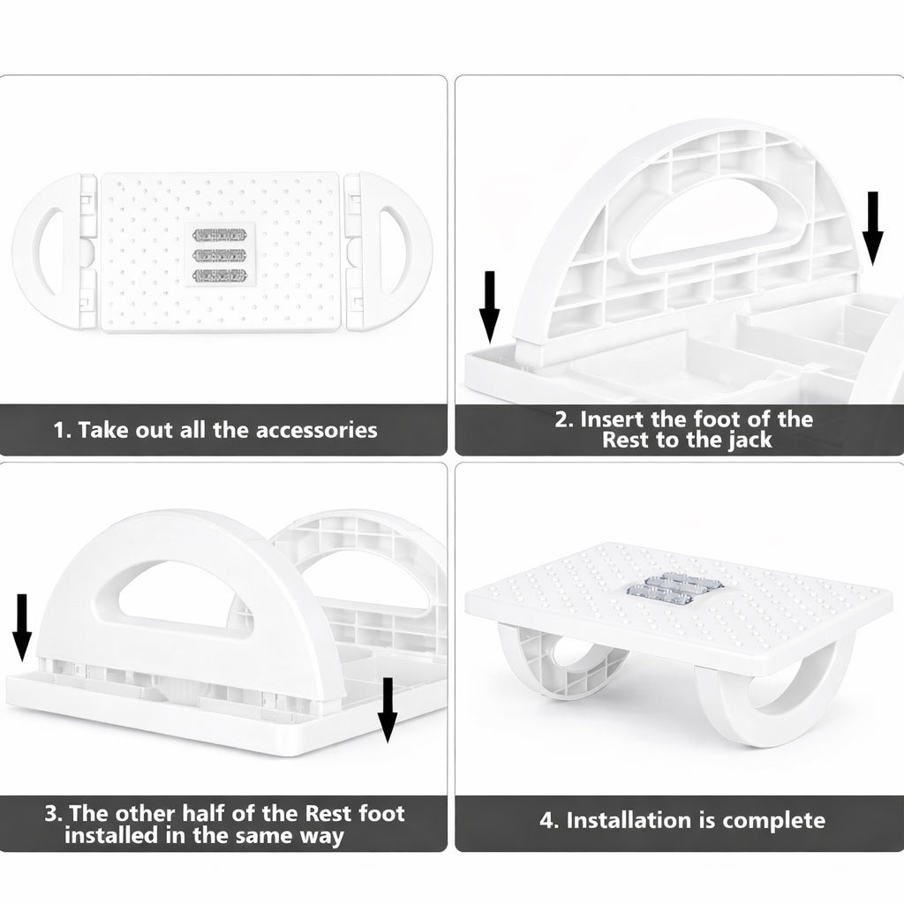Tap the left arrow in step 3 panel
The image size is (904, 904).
click(x=23, y=627)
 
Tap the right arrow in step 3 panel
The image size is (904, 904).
click(x=386, y=710)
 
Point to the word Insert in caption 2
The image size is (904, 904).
click(x=614, y=418)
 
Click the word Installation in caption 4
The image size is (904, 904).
click(x=632, y=820)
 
